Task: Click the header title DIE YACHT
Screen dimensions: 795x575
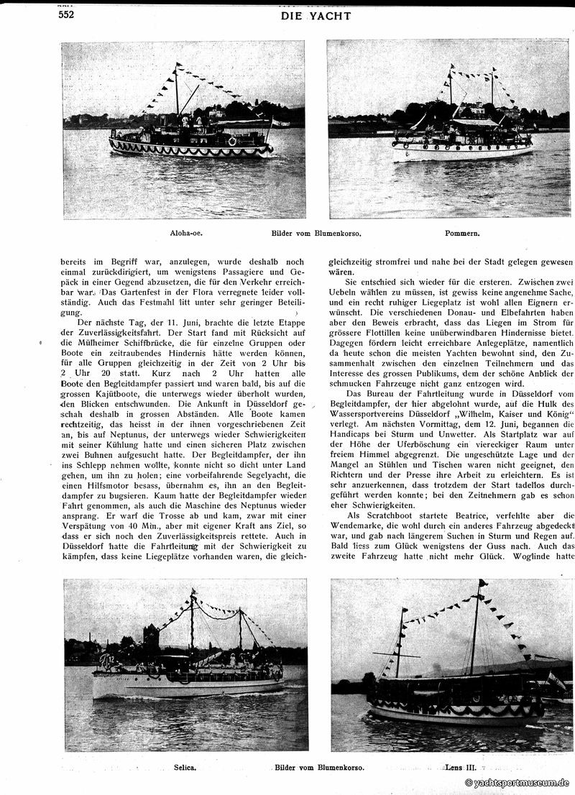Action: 316,16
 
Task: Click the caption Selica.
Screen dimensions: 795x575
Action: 185,767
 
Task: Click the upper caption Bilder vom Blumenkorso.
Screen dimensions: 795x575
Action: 316,234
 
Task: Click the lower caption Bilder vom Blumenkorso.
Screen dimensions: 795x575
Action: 319,767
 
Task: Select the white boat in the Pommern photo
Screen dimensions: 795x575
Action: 463,147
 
